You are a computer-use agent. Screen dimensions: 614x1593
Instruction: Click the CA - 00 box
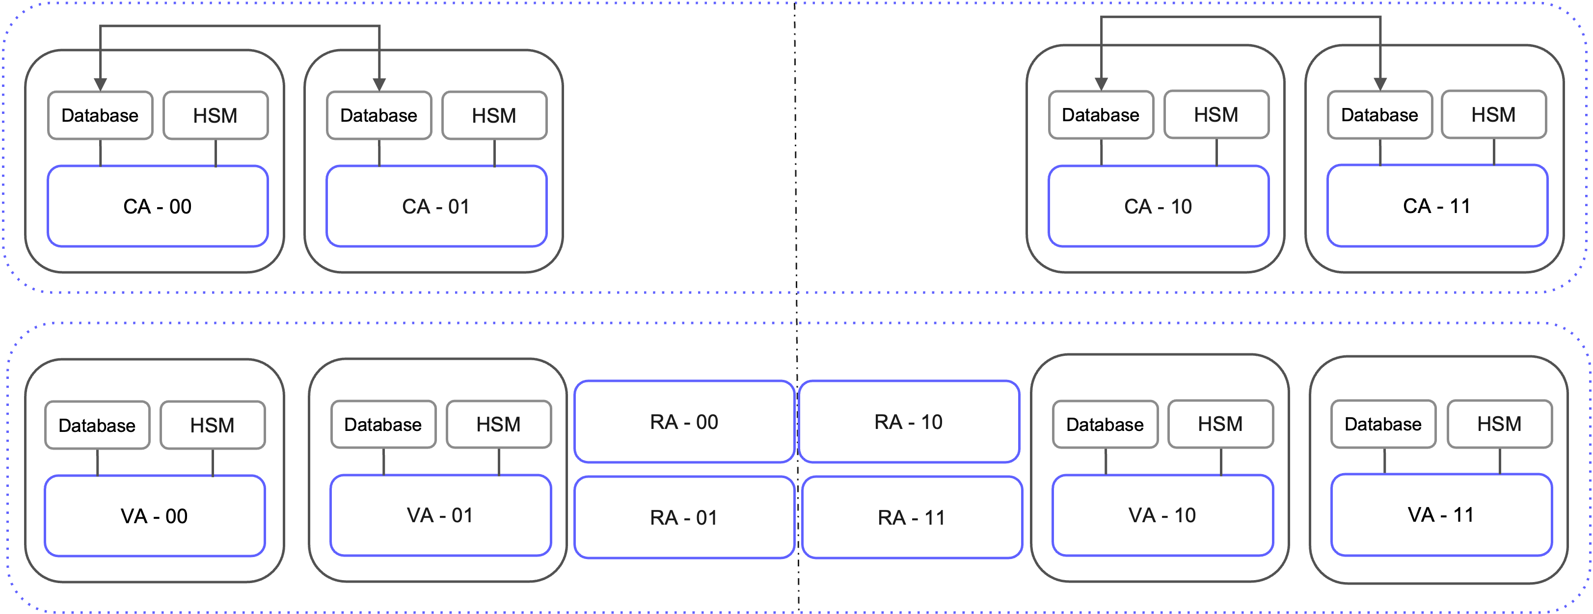[158, 206]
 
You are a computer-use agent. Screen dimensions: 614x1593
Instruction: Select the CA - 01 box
[436, 206]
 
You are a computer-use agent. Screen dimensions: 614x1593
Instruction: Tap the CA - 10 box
[1158, 206]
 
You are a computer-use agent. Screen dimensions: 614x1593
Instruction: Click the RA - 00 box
[684, 422]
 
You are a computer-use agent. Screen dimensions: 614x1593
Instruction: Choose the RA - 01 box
[684, 517]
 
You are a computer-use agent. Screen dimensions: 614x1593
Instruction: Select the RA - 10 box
[909, 422]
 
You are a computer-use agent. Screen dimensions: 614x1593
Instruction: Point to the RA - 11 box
[912, 517]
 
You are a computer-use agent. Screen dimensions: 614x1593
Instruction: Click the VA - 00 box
[155, 516]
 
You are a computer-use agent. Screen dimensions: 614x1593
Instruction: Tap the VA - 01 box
[440, 515]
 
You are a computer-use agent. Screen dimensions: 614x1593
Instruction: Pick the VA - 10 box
[1162, 515]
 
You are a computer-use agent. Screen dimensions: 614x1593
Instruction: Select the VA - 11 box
[1441, 514]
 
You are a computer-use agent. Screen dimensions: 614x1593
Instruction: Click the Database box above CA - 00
[100, 116]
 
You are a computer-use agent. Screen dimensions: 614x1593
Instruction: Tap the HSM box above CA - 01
[494, 116]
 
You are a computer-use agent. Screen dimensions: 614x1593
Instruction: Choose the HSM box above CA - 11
[1493, 115]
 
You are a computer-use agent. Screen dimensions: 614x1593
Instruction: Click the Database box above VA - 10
[1105, 424]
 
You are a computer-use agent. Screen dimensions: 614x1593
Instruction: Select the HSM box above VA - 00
[213, 426]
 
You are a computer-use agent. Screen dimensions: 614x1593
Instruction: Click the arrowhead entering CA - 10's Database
[1101, 84]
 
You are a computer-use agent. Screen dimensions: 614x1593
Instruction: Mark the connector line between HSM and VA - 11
[1500, 461]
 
